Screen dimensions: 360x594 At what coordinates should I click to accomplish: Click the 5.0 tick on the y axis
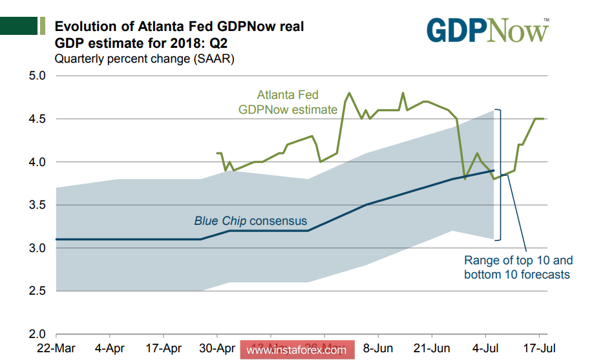click(37, 76)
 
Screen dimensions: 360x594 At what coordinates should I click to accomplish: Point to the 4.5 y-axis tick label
click(37, 119)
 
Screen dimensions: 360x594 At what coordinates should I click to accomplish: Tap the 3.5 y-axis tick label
click(37, 205)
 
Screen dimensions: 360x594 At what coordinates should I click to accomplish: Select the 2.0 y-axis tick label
click(37, 335)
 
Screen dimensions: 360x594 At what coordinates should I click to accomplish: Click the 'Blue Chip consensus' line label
click(250, 221)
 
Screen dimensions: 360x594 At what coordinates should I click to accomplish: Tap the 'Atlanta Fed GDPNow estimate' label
click(288, 102)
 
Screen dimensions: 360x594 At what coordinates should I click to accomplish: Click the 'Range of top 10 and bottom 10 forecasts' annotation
click(518, 268)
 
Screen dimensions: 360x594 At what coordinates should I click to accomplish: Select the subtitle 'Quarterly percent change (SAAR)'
click(144, 59)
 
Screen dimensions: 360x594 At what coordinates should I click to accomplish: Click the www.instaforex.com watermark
click(297, 350)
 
